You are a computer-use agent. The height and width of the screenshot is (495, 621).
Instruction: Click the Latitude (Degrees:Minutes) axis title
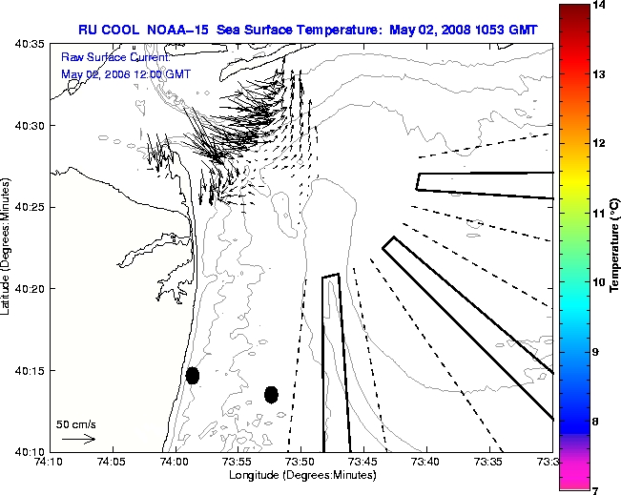point(8,248)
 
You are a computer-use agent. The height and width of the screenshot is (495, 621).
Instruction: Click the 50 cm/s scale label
point(76,423)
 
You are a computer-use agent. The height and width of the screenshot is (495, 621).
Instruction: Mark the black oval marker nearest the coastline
point(193,375)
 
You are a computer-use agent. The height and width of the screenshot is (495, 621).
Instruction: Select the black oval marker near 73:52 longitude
point(271,394)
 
